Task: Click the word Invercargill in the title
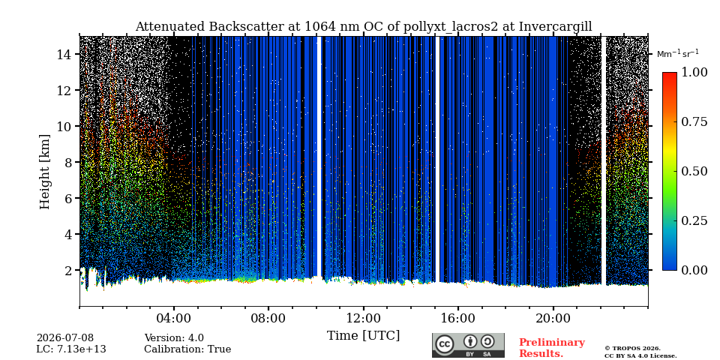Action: (556, 27)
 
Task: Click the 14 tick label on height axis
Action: (64, 54)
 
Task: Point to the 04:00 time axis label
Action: (174, 318)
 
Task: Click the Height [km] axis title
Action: (44, 172)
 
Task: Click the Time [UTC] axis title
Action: (363, 335)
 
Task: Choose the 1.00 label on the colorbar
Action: (694, 72)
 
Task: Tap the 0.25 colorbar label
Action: (694, 220)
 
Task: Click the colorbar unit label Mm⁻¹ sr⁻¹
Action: (678, 54)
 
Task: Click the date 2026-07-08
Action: (65, 338)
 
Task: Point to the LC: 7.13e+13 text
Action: (71, 349)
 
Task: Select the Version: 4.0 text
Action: (174, 338)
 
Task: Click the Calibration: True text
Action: (187, 349)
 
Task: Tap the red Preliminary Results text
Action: (552, 348)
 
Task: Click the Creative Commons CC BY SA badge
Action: (468, 345)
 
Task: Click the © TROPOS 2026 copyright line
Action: (632, 349)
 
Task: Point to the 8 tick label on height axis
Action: (68, 162)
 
